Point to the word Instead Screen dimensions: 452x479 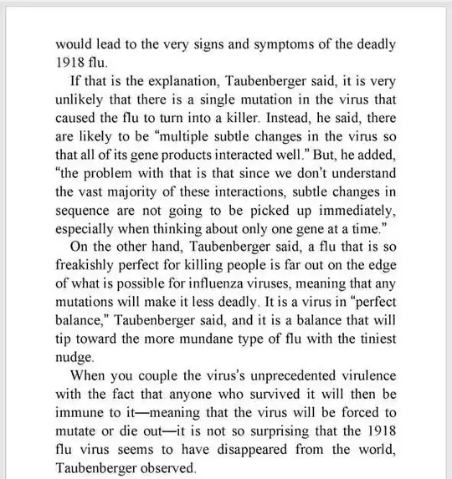pos(285,123)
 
